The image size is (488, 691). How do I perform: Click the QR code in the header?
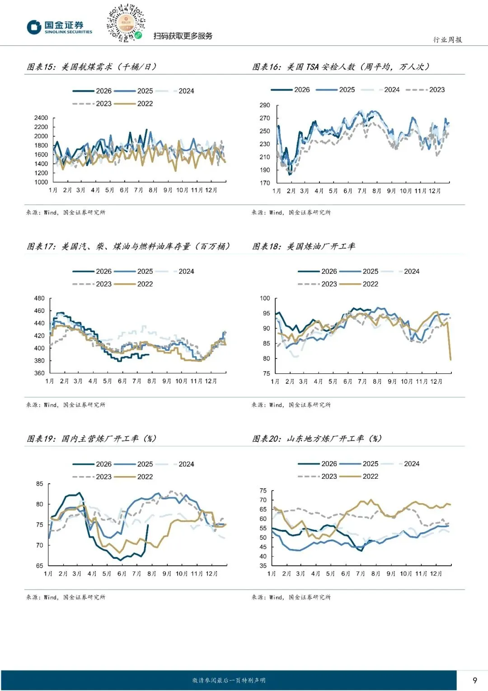126,23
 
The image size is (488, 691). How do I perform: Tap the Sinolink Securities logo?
60,27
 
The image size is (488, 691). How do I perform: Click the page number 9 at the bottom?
475,680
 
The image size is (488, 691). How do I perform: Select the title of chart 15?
91,67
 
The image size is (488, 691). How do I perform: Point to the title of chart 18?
304,246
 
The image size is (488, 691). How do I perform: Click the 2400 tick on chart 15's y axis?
41,118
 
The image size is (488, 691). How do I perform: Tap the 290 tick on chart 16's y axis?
265,105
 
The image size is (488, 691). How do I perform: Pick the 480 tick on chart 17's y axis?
39,298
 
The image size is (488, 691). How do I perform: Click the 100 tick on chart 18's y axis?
265,298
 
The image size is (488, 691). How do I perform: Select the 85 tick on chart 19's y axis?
39,484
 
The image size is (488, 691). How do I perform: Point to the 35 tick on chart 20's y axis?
263,566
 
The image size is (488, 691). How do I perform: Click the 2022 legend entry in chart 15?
133,104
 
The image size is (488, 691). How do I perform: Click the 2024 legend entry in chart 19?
175,464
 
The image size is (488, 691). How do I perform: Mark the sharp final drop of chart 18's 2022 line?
449,341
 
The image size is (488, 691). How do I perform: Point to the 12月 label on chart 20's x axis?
436,573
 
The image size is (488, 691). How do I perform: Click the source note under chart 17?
66,405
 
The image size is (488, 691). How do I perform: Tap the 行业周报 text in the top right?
448,39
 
